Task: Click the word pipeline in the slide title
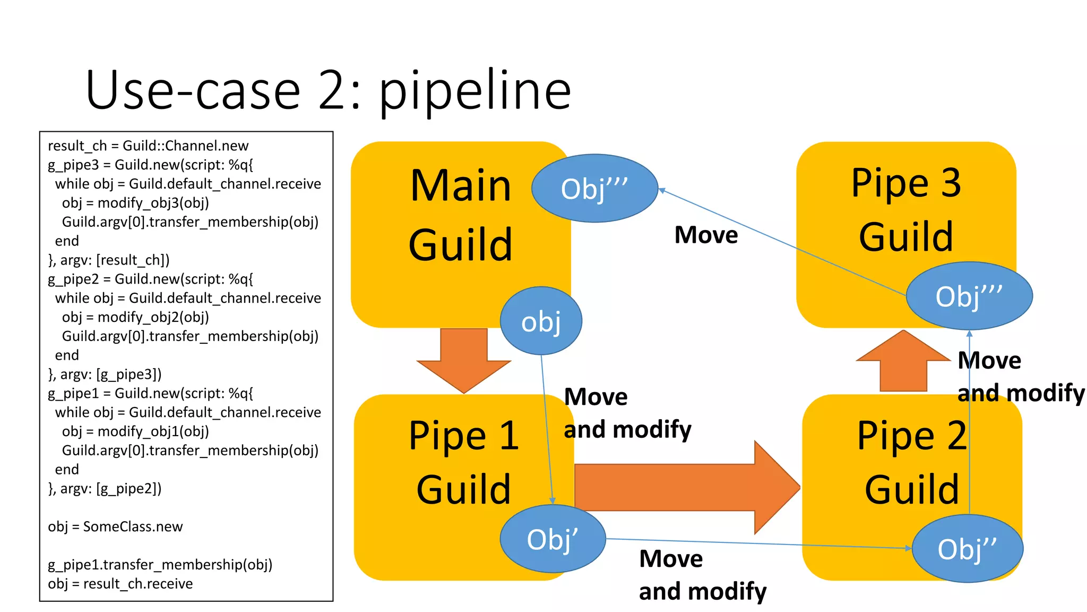point(475,91)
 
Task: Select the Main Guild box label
point(461,215)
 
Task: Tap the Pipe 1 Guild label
point(463,462)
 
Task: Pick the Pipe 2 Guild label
point(911,462)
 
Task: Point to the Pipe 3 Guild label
point(906,210)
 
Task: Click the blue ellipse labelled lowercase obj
point(541,321)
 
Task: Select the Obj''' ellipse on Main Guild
point(594,189)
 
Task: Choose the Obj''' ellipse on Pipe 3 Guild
point(969,296)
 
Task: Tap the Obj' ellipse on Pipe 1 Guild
point(553,539)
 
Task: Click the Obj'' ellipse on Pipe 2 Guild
point(967,549)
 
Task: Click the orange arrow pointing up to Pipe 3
point(903,361)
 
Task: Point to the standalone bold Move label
point(706,235)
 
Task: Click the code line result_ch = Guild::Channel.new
point(148,146)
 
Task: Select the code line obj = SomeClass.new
point(115,527)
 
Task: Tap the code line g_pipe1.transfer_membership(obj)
point(160,565)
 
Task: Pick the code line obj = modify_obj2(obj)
point(135,317)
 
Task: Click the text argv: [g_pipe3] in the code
point(110,375)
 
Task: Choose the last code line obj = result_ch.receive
point(120,584)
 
